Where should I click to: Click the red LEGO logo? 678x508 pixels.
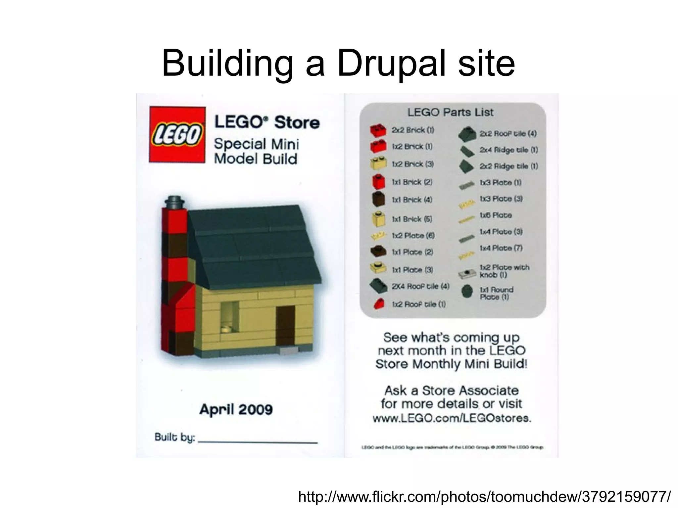(x=177, y=134)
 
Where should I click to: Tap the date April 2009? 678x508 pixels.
(x=236, y=410)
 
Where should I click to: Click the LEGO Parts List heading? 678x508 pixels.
(x=450, y=113)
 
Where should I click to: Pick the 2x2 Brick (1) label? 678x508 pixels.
(x=413, y=130)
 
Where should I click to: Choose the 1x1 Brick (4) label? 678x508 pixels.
(x=412, y=200)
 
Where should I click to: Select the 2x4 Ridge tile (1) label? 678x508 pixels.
(x=509, y=150)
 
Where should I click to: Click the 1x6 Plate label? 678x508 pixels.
(x=496, y=215)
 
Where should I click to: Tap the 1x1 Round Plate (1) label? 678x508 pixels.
(x=496, y=293)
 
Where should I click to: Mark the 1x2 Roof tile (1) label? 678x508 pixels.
(x=419, y=304)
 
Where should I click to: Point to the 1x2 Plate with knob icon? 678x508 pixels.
(x=467, y=273)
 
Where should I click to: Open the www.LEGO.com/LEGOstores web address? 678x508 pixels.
(x=452, y=418)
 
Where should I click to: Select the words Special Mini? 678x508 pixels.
(x=256, y=144)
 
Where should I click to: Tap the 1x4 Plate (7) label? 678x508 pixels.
(x=501, y=248)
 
